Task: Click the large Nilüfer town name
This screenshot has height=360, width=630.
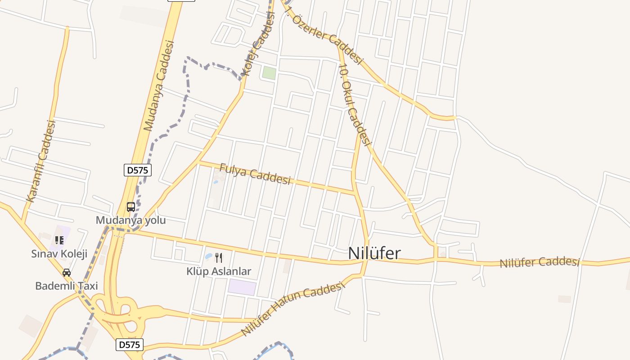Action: click(374, 253)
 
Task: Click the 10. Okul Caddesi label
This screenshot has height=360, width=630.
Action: click(355, 105)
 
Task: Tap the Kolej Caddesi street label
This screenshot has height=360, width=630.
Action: click(258, 44)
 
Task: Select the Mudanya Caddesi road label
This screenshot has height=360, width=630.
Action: click(158, 85)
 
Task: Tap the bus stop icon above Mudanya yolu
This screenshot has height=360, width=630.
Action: click(131, 207)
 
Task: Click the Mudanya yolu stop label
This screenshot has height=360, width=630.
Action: click(130, 220)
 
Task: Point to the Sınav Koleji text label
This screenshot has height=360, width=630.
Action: click(59, 253)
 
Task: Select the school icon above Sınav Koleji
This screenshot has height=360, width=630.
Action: click(59, 240)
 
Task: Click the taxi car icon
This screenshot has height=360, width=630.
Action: click(67, 273)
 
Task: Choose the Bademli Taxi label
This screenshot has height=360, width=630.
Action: click(67, 286)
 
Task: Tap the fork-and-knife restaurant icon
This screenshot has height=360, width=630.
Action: click(219, 258)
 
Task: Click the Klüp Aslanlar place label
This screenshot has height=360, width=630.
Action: click(219, 271)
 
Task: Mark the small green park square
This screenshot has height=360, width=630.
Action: click(269, 73)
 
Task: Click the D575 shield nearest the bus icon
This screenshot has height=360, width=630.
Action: click(138, 170)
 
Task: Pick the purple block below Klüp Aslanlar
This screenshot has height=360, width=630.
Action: click(242, 287)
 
